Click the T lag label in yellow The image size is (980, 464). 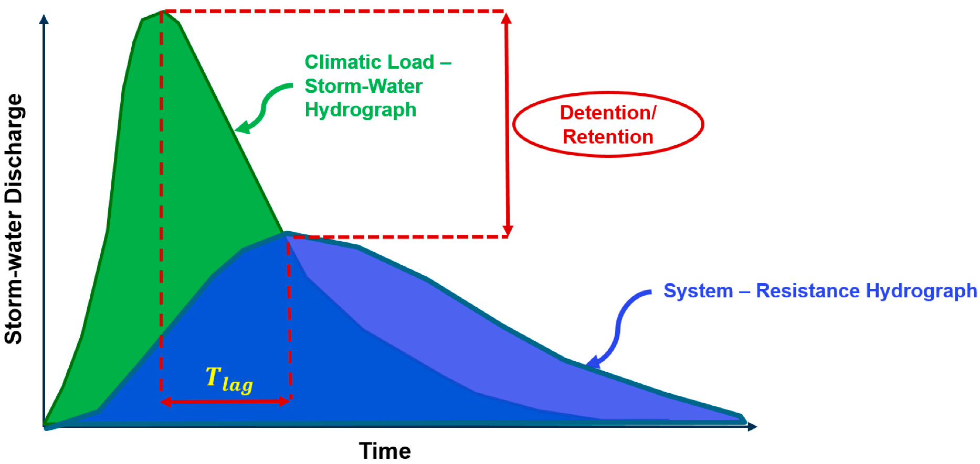tap(229, 379)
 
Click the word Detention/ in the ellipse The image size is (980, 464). tap(608, 113)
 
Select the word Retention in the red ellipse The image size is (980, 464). tap(608, 137)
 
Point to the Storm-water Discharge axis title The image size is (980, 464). tap(14, 219)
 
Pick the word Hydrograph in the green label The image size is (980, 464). tap(361, 110)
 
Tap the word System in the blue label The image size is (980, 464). tap(698, 290)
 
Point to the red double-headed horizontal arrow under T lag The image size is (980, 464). tap(225, 402)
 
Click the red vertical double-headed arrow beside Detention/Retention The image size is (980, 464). tap(507, 124)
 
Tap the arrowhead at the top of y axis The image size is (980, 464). tap(44, 19)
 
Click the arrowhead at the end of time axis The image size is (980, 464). tap(752, 426)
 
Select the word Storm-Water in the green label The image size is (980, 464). tap(363, 86)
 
